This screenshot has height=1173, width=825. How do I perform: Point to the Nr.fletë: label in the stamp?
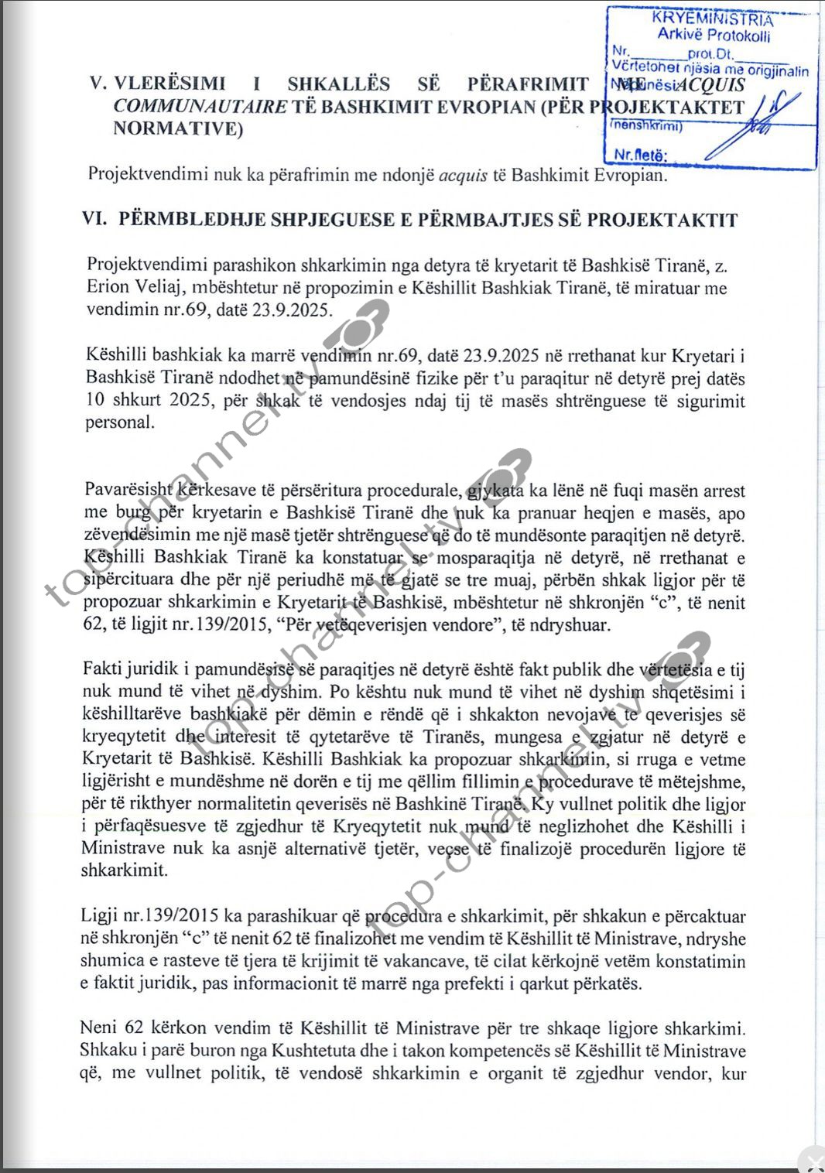pyautogui.click(x=640, y=156)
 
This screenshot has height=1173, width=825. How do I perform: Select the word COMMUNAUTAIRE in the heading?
pyautogui.click(x=200, y=107)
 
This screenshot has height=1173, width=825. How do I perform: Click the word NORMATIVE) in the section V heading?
pyautogui.click(x=178, y=128)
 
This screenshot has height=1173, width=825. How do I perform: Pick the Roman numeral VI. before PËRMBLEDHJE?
pyautogui.click(x=94, y=220)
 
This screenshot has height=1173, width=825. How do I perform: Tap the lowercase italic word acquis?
pyautogui.click(x=463, y=175)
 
